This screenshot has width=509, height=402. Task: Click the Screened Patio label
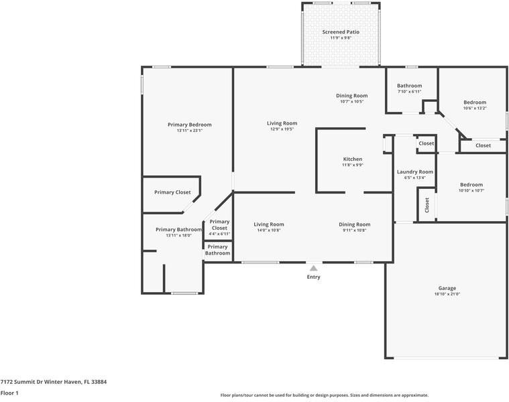pos(341,31)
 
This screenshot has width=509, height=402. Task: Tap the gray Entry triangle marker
pos(313,268)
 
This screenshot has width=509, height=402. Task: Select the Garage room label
pos(447,288)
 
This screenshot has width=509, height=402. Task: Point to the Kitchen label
pos(353,159)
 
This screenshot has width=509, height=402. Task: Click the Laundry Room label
pos(415,172)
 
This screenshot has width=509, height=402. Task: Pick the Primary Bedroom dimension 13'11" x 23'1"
pos(190,131)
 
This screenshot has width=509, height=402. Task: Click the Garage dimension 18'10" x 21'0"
pos(447,294)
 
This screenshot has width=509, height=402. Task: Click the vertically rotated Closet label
pos(427,205)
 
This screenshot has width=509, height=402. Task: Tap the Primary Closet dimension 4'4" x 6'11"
pos(219,234)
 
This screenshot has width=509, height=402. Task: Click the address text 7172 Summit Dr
pos(21,382)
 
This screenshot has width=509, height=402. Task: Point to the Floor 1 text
pos(9,393)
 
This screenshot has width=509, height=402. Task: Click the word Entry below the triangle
pos(314,277)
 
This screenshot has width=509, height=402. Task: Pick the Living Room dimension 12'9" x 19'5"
pos(282,129)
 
